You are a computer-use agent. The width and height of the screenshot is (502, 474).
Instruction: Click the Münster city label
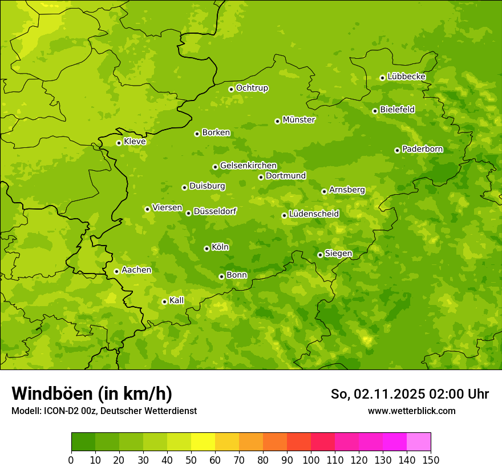click(299, 120)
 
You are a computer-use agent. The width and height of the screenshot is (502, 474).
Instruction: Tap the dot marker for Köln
click(207, 248)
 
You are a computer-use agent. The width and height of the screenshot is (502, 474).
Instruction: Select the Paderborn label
click(423, 149)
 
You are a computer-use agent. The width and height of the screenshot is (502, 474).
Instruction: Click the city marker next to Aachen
click(116, 271)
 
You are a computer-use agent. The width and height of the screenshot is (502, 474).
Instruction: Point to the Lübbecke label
click(406, 77)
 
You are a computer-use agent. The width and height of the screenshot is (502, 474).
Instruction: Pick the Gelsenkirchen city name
click(248, 166)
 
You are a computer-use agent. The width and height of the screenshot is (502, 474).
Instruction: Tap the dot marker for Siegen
click(320, 255)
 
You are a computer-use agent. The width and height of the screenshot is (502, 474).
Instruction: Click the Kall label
click(177, 300)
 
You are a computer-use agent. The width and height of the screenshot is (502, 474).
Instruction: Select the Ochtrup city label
click(252, 88)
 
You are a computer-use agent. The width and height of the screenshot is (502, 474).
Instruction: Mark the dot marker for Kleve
click(119, 143)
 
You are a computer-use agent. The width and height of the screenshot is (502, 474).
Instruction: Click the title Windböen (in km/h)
click(91, 394)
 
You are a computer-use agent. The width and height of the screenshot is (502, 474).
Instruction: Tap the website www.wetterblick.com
click(411, 411)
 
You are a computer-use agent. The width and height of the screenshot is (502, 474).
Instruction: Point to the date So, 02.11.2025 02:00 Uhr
click(410, 394)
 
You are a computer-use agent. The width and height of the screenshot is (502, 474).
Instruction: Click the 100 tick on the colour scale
click(311, 460)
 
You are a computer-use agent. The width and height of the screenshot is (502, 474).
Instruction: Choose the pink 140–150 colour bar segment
click(419, 442)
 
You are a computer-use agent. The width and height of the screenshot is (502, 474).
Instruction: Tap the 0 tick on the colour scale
click(71, 460)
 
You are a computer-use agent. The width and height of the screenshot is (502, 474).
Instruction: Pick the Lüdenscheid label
click(314, 214)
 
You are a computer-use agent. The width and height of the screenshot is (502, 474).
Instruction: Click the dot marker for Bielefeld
click(375, 111)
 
